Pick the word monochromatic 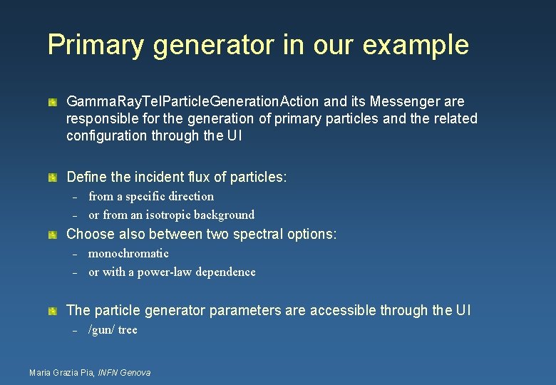click(x=128, y=253)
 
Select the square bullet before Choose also click(x=53, y=234)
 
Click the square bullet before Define click(x=53, y=176)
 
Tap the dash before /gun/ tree click(x=73, y=330)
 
